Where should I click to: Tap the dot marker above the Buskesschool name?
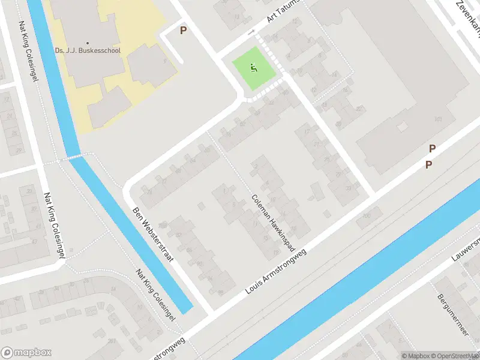(88, 43)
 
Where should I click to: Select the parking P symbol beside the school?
(184, 30)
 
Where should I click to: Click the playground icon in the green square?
(254, 68)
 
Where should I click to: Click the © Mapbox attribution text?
(418, 356)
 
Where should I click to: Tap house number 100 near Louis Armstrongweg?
(367, 216)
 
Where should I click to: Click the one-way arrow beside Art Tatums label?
(251, 31)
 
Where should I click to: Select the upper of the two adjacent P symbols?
(432, 149)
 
